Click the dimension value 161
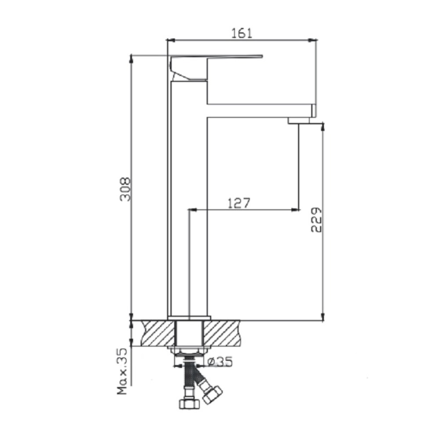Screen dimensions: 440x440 click(242, 33)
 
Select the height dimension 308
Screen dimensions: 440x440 click(125, 189)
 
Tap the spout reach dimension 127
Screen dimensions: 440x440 click(238, 203)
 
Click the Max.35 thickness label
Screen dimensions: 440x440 click(122, 371)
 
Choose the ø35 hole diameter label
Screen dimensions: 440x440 click(220, 362)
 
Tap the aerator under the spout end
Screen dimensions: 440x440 click(299, 121)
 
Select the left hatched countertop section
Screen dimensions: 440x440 click(158, 334)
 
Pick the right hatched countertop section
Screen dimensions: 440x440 click(221, 334)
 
